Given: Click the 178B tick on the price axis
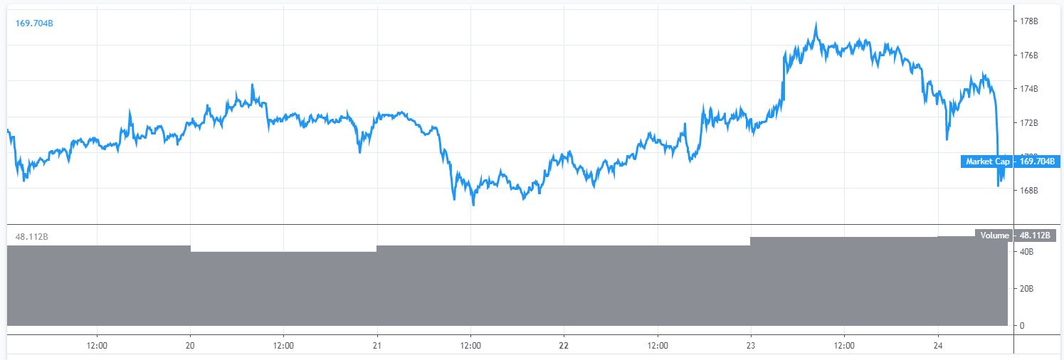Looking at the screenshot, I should (x=1029, y=21).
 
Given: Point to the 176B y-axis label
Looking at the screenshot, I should (x=1029, y=55).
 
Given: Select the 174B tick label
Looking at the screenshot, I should (x=1029, y=89).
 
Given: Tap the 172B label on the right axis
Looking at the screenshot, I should (x=1029, y=123).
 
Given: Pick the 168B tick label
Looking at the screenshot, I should (x=1029, y=191).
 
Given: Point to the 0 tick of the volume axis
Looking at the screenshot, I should (x=1022, y=326).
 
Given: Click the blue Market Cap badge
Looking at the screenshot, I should (x=987, y=162).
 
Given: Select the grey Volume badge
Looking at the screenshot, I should (x=994, y=235).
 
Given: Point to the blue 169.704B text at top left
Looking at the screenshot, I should (x=34, y=23).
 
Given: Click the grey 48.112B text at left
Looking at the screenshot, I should (x=31, y=236).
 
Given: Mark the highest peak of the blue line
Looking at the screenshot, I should (x=816, y=23).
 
